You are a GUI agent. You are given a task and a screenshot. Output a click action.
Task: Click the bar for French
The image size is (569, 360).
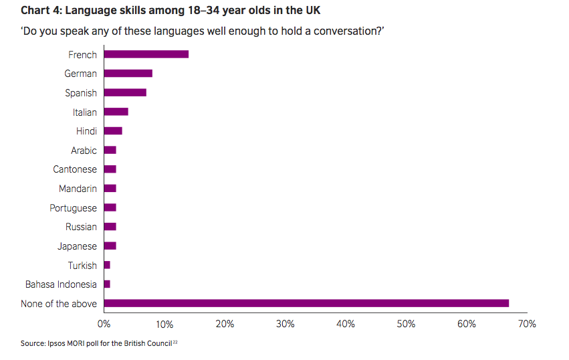[146, 54]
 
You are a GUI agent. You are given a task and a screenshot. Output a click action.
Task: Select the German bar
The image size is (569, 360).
[128, 74]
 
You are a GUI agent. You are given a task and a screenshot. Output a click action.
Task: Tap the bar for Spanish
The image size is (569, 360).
[125, 92]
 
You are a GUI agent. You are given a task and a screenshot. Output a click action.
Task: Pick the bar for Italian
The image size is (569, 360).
[116, 112]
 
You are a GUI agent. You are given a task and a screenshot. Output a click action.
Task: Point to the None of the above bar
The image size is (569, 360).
[306, 303]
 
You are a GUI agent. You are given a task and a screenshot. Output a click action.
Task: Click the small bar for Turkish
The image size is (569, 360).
[107, 265]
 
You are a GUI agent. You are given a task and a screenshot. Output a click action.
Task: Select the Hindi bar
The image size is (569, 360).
[113, 130]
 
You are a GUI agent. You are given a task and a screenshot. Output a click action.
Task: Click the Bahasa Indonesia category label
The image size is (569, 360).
[61, 284]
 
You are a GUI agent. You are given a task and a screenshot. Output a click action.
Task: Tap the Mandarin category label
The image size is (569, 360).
[78, 189]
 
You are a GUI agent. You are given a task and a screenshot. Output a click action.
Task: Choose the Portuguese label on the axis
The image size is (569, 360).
[73, 208]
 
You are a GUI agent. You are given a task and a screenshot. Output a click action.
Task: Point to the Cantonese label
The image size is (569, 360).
[75, 169]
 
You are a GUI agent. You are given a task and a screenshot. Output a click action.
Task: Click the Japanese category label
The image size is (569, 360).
[77, 246]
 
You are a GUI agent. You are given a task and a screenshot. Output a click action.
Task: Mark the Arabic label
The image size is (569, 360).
[84, 151]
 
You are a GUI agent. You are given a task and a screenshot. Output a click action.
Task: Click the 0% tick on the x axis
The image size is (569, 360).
[104, 325]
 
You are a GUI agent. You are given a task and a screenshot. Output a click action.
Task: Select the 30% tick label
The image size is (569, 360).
[286, 325]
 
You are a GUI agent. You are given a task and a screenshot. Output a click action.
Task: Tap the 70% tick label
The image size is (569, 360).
[527, 325]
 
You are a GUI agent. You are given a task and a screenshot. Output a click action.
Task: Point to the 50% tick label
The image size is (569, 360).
[406, 325]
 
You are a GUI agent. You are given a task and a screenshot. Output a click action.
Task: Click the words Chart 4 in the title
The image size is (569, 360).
[41, 11]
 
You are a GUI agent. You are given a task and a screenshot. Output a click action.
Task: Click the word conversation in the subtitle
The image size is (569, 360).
[350, 31]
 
